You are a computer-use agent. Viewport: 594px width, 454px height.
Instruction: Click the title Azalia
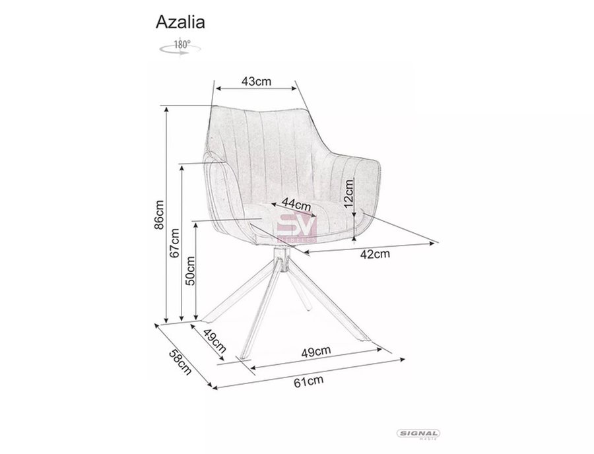coord(180,22)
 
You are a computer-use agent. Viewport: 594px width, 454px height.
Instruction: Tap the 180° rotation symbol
coord(180,48)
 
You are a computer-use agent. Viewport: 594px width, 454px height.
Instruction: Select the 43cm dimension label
coord(257,81)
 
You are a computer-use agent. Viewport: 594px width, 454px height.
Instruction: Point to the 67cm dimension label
coord(174,243)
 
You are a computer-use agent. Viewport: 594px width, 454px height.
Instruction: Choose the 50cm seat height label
coord(190,271)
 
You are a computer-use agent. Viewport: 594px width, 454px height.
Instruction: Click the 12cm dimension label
coord(348,193)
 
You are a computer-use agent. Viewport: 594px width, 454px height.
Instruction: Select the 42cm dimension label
coord(375,254)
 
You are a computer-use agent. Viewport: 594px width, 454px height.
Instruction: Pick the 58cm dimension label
coord(180,362)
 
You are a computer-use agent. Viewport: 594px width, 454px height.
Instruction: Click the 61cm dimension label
coord(309,381)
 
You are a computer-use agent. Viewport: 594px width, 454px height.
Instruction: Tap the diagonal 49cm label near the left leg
coord(214,340)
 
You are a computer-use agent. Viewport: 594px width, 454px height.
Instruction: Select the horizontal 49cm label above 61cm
coord(316,351)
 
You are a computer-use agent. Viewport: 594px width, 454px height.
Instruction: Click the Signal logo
coord(418,434)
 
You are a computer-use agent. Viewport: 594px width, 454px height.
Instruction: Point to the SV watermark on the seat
coord(297,228)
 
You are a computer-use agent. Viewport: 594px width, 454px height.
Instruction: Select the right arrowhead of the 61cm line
coord(402,359)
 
